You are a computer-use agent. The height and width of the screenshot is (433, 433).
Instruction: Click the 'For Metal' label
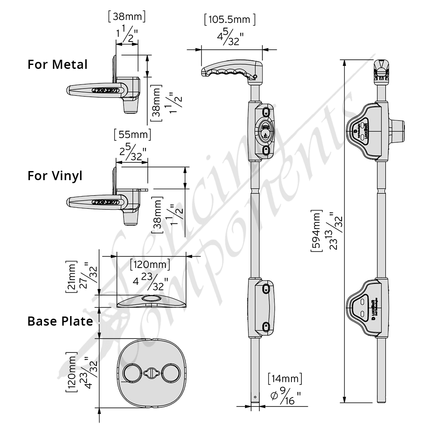[x=57, y=65]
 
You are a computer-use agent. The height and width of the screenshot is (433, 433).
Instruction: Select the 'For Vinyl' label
[x=55, y=176]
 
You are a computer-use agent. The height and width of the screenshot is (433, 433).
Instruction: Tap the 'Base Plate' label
[x=60, y=321]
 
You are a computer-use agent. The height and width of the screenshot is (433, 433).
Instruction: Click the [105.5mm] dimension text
[x=229, y=19]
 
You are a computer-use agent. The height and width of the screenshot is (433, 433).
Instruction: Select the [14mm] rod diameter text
[x=284, y=378]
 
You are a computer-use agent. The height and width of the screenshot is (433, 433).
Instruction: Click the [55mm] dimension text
[x=132, y=135]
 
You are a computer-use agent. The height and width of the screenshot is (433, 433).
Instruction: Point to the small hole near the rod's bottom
[x=255, y=397]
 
